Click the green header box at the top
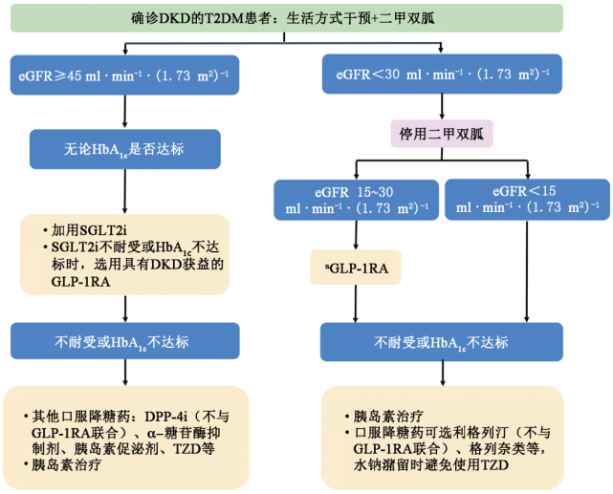coord(287,18)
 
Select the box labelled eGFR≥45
coord(124,75)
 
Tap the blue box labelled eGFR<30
coord(442,74)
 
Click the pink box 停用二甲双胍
coord(442,134)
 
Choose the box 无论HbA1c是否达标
coord(125,149)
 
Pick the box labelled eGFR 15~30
coord(356,200)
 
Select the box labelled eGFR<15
coord(527,199)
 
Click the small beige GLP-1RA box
coord(356,268)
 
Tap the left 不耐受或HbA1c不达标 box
coord(125,341)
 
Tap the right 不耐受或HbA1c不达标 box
coord(442,342)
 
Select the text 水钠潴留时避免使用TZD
coord(430,465)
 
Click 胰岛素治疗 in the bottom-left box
coord(66,464)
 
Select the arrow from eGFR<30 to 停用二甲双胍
coord(442,106)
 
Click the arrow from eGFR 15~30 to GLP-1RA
coord(356,235)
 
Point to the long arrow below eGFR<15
coord(527,271)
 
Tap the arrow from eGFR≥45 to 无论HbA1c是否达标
coord(124,111)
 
